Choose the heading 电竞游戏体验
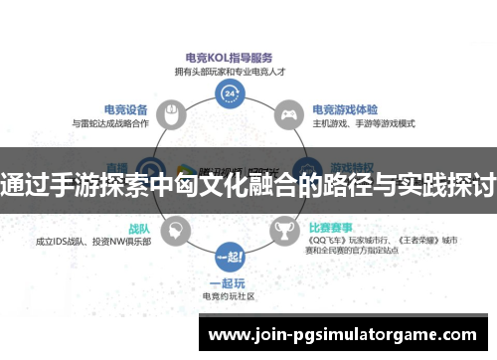344,109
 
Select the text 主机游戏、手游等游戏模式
364,123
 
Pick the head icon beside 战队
174,231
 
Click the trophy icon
285,231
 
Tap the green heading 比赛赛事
332,226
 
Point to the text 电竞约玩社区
230,295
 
